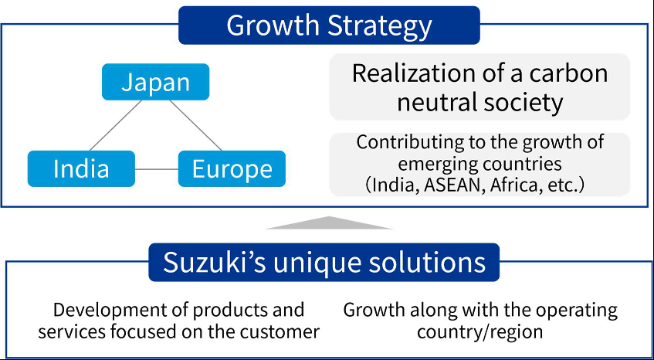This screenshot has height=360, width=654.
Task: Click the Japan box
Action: (x=155, y=82)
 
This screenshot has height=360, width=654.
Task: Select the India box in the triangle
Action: (x=81, y=168)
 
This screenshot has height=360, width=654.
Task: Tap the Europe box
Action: (x=232, y=168)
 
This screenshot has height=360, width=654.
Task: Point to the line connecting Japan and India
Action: (x=116, y=125)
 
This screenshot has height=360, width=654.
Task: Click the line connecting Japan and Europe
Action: (x=195, y=125)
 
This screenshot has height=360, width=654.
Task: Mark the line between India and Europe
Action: (x=157, y=169)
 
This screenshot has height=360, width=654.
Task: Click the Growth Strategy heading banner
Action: (x=329, y=25)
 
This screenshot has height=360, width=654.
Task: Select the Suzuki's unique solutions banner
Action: (x=324, y=263)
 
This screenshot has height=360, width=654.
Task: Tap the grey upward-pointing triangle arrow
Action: (x=329, y=222)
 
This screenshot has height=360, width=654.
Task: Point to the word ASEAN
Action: (x=451, y=185)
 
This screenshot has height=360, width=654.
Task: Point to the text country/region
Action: (x=479, y=332)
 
